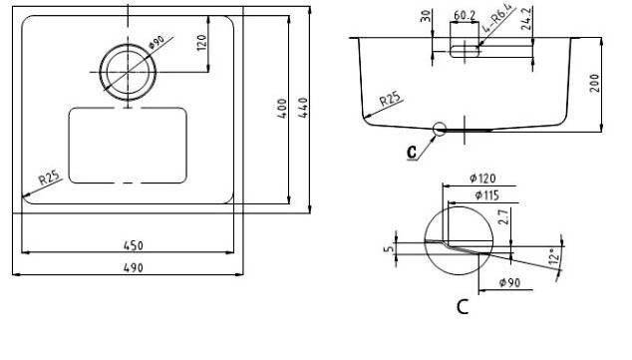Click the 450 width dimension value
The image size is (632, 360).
pos(133,245)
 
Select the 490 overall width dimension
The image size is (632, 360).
pos(133,267)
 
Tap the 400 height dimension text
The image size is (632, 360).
pos(282,108)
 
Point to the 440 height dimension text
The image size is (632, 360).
pos(303,108)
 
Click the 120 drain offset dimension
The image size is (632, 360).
pos(201,43)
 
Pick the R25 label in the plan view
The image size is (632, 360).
pos(49,178)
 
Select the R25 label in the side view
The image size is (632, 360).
pos(390,99)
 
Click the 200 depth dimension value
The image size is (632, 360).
pos(595,83)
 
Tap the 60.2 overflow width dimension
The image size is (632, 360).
pos(465,15)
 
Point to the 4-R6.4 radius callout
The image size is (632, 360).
pos(498,18)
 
